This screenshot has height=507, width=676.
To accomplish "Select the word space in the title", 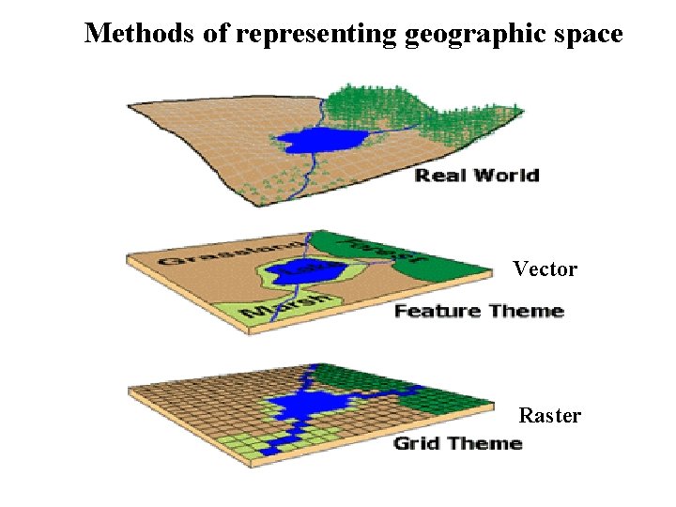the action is (x=587, y=35).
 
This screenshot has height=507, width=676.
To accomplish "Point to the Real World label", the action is (x=477, y=175).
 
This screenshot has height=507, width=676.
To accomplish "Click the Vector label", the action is (x=545, y=269).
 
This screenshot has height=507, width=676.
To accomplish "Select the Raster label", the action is (x=549, y=415).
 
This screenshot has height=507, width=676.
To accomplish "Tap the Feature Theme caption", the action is (x=479, y=311).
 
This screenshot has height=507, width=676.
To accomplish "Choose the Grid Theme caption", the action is (x=457, y=442).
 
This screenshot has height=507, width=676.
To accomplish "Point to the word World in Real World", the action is (x=507, y=175).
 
